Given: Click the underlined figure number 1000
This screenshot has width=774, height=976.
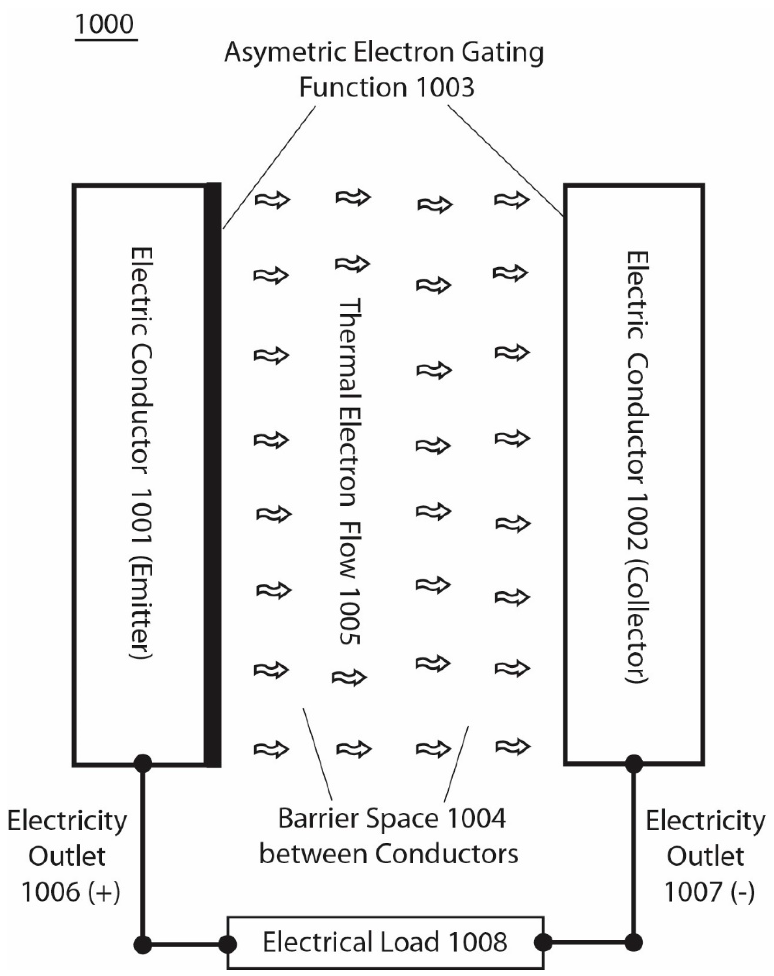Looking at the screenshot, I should (105, 25).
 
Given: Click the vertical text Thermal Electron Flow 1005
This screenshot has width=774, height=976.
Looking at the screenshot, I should (350, 471).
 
